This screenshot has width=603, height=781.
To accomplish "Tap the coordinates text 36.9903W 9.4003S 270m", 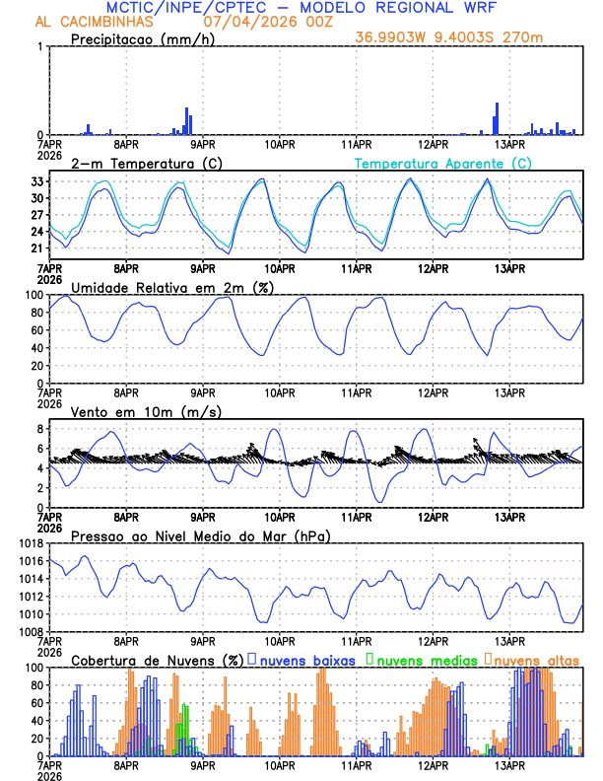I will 449,37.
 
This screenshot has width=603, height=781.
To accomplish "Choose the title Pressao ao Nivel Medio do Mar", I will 200,535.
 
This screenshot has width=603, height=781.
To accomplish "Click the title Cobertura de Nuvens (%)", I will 158,660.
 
